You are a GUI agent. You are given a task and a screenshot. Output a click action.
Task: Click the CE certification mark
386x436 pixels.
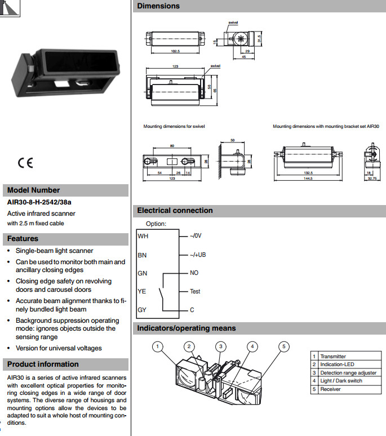pos(25,163)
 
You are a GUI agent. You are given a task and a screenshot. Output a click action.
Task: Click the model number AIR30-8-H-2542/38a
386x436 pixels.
pos(39,202)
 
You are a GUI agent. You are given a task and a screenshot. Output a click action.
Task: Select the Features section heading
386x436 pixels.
pos(23,239)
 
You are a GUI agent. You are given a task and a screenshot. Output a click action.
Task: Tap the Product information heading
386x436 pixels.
pos(43,364)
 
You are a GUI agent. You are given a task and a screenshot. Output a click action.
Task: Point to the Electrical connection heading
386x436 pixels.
pos(175,211)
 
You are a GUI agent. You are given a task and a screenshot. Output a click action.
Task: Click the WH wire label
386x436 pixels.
pos(143,236)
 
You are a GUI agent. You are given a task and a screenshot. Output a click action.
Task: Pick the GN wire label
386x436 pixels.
pos(143,273)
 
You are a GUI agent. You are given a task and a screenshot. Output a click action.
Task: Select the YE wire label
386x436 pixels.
pos(143,291)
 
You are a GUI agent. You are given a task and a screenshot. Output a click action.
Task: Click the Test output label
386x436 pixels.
pos(195,291)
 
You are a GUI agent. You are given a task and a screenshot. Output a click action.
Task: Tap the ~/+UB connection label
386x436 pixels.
pos(198,255)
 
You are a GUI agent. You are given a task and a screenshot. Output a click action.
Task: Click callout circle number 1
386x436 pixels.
pos(158,346)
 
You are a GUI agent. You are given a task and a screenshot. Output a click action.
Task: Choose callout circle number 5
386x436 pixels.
pos(285,346)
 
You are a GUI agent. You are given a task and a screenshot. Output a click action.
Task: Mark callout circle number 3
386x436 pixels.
pos(221,346)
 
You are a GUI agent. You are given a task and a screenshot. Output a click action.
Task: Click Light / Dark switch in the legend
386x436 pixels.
pos(341,381)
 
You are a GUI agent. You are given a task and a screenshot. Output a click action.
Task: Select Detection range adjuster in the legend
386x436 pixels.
pos(348,373)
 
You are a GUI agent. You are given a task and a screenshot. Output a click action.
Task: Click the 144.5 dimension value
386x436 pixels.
pos(308,178)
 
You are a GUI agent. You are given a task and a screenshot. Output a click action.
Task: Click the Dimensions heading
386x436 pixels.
pos(158,6)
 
